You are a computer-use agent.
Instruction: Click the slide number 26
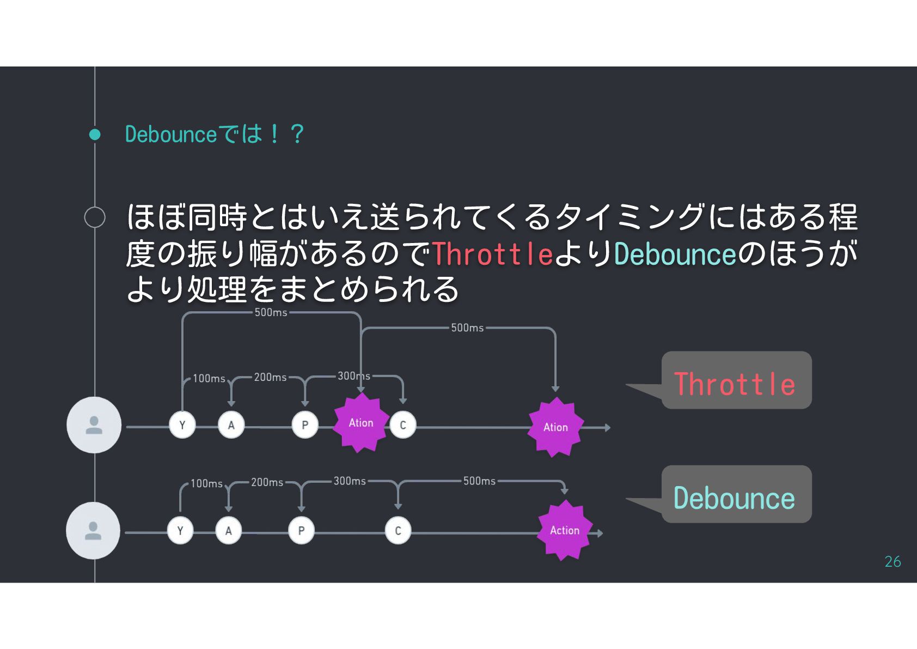(892, 561)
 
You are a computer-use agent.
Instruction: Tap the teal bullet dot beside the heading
(95, 134)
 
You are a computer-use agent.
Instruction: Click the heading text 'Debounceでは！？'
(214, 134)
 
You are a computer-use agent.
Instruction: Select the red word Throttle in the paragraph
(492, 254)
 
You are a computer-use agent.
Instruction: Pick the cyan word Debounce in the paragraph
(675, 254)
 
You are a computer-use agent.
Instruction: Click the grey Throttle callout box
(736, 380)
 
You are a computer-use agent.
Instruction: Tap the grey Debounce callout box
(736, 494)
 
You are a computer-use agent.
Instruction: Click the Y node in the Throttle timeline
(182, 425)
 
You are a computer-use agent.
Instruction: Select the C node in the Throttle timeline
(403, 425)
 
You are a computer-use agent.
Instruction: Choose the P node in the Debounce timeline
(301, 531)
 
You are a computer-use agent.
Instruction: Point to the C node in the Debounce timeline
(398, 531)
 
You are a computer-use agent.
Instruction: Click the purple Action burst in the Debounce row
(565, 530)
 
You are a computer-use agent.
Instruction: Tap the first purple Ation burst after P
(361, 423)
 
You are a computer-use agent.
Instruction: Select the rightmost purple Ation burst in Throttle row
(555, 427)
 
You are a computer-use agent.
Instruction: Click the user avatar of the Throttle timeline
(94, 425)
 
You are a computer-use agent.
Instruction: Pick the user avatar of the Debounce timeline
(93, 531)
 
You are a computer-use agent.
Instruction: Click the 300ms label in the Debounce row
(350, 481)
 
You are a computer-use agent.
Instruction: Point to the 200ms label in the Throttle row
(270, 377)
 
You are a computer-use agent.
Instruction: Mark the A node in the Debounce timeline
(229, 531)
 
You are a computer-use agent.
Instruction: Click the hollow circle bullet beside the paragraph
(95, 217)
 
